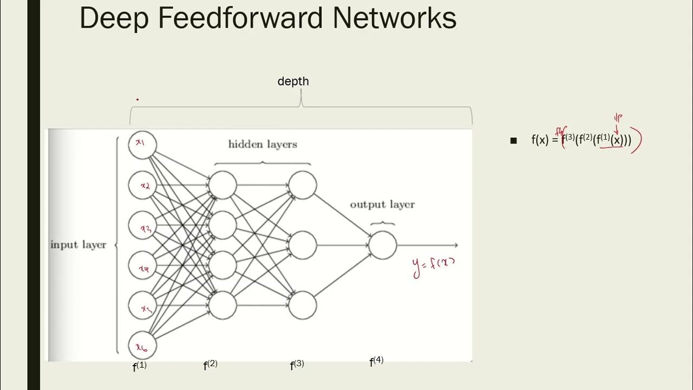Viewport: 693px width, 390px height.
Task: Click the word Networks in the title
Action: click(394, 18)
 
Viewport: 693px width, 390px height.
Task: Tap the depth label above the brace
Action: click(293, 81)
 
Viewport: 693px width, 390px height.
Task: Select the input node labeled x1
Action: click(142, 145)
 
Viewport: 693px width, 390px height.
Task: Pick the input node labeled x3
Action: click(142, 225)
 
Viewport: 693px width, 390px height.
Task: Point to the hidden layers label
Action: click(263, 144)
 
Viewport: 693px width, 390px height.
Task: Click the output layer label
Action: click(382, 205)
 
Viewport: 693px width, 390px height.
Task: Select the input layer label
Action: click(79, 245)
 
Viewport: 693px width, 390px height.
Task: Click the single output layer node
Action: click(383, 245)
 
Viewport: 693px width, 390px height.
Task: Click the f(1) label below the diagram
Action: click(140, 367)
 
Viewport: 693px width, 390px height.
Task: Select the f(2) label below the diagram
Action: click(210, 366)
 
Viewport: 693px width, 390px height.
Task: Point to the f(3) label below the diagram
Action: click(297, 366)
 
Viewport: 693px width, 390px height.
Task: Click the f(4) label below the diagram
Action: click(376, 362)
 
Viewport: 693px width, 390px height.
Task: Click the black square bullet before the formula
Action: click(513, 141)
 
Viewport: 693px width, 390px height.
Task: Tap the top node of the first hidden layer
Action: click(223, 185)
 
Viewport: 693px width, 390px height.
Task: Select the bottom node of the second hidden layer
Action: click(302, 305)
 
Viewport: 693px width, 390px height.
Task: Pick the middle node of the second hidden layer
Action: click(302, 245)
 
